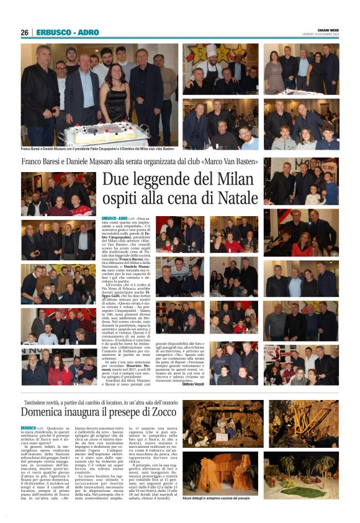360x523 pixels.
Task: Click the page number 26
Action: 24,32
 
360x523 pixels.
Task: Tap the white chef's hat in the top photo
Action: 211,49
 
